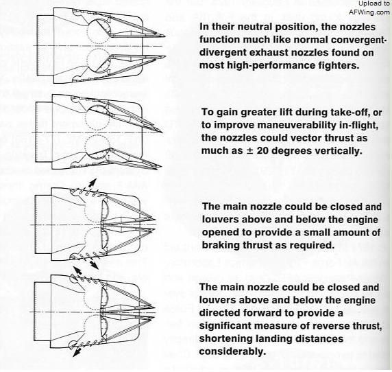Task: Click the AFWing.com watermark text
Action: pyautogui.click(x=369, y=12)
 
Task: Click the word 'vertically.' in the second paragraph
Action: pyautogui.click(x=337, y=151)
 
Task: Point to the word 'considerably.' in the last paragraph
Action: pyautogui.click(x=232, y=351)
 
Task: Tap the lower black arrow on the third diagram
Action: pyautogui.click(x=93, y=264)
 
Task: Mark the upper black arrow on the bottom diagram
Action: pyautogui.click(x=77, y=272)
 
